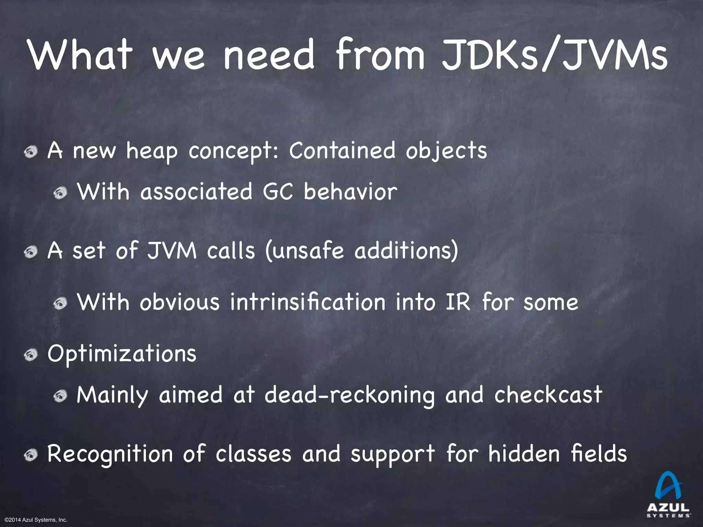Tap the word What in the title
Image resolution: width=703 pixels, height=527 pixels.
coord(81,55)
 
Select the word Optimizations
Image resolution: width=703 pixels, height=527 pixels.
coord(122,353)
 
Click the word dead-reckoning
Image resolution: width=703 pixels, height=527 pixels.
coord(349,395)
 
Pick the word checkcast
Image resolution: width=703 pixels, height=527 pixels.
coord(548,395)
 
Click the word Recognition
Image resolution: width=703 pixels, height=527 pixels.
coord(110,454)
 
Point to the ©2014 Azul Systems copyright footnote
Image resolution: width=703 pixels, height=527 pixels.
coord(36,520)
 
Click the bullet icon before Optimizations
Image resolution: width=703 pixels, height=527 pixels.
coord(31,356)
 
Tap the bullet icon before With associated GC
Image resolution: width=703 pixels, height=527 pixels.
coord(60,194)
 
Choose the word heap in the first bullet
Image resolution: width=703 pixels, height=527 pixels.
coord(152,151)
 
